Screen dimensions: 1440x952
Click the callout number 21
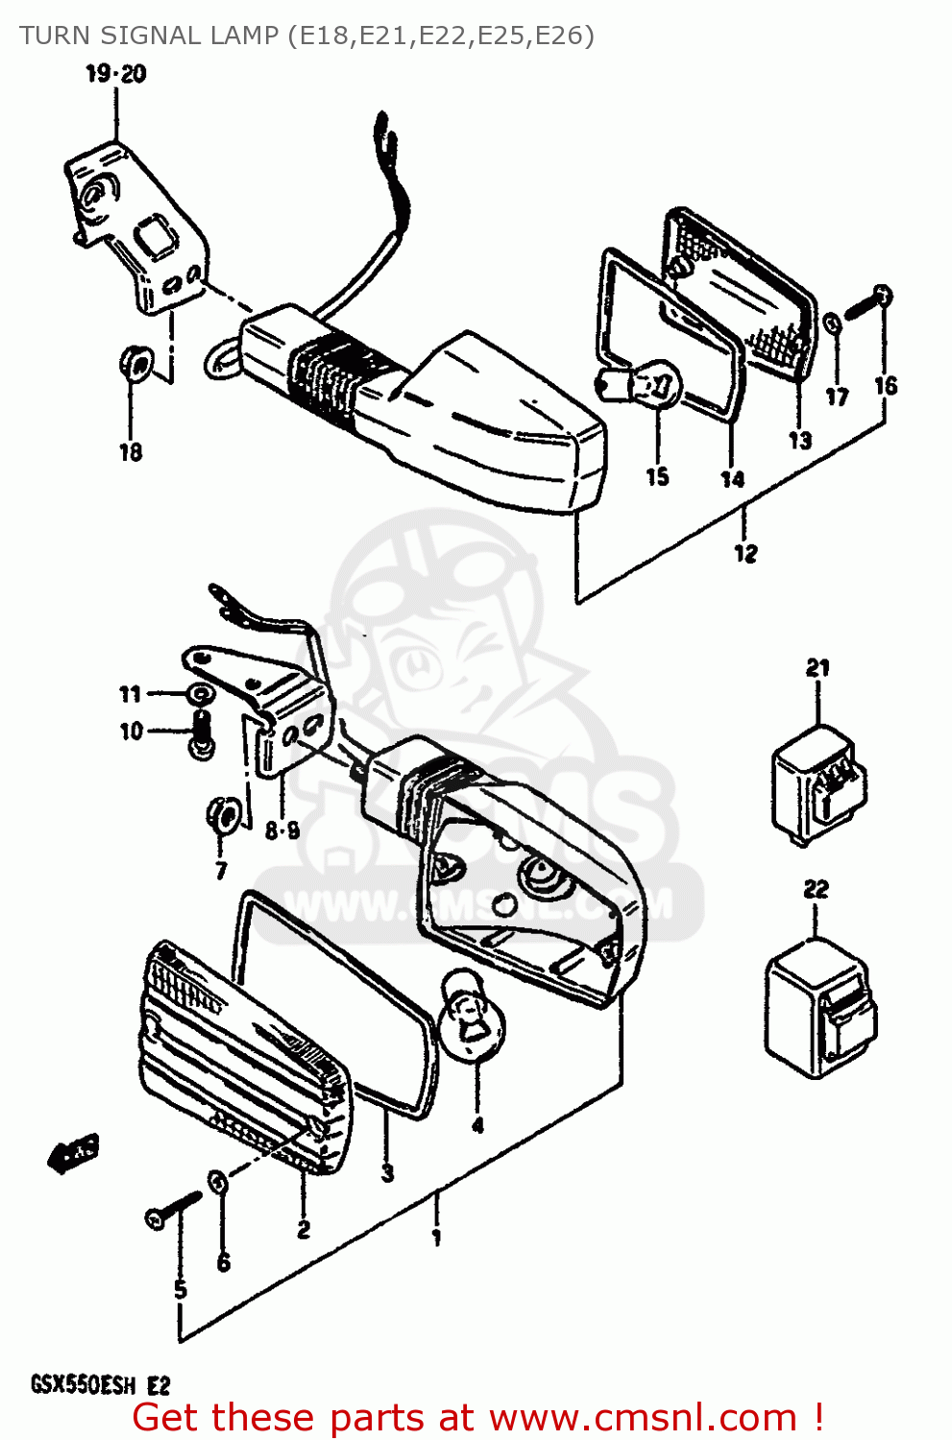(x=818, y=667)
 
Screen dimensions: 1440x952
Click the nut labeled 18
(x=134, y=363)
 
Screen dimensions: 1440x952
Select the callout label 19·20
(x=116, y=74)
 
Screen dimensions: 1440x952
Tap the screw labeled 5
(x=173, y=1210)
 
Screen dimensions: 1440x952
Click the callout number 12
(x=745, y=553)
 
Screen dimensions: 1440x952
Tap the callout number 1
(x=436, y=1237)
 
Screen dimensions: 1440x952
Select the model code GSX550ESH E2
(x=100, y=1385)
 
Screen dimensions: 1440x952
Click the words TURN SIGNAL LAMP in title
(x=149, y=36)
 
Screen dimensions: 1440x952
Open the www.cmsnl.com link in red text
(x=643, y=1418)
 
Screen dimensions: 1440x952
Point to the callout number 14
(x=732, y=478)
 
